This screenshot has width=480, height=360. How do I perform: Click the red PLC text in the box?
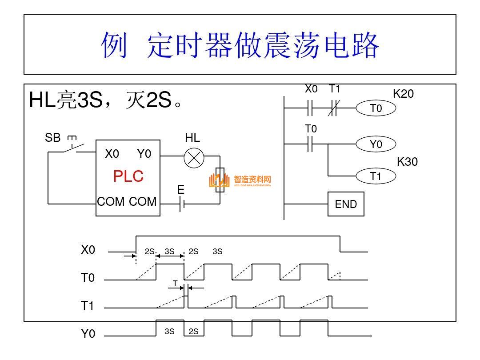tap(128, 176)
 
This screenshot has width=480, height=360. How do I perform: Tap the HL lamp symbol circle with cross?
tap(194, 158)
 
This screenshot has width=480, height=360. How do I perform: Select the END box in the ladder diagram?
tap(346, 204)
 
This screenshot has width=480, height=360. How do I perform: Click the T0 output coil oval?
tap(376, 108)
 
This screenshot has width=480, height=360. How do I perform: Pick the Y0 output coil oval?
tap(376, 144)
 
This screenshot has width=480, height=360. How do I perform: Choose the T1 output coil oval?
tap(376, 176)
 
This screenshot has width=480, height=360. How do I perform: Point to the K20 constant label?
tap(403, 94)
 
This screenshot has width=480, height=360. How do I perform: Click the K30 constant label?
tap(407, 162)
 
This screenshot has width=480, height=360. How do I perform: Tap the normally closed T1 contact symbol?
tap(334, 108)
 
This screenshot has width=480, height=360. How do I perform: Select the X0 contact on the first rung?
tap(311, 108)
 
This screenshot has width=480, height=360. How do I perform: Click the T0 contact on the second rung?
tap(311, 144)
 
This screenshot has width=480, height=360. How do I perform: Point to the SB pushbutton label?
tap(52, 138)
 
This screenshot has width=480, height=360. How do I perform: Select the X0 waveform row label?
tap(88, 250)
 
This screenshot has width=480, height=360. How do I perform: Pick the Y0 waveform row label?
tap(88, 334)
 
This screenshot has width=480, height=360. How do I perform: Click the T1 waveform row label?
tap(88, 306)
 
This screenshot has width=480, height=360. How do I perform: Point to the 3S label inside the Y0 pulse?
tap(169, 331)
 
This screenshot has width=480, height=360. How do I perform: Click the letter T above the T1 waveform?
tap(175, 283)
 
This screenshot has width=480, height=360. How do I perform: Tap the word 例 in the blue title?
tap(114, 45)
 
